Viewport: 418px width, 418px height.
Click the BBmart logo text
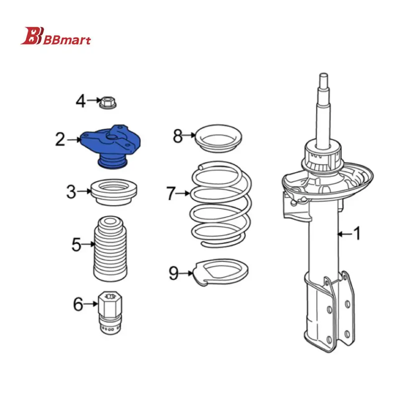(66, 40)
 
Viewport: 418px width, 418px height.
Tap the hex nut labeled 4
(108, 102)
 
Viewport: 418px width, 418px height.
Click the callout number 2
(60, 140)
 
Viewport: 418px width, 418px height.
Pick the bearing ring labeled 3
(114, 192)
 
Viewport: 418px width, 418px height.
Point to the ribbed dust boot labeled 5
(110, 248)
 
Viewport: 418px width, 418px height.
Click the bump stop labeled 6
(110, 313)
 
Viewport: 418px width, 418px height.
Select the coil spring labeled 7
(221, 204)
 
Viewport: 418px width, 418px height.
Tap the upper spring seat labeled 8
(219, 138)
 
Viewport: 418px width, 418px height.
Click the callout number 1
(357, 233)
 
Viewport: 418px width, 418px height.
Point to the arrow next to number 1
(345, 234)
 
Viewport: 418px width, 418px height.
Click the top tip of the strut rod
(324, 74)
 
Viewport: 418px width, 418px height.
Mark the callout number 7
(171, 193)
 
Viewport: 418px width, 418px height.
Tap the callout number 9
(173, 273)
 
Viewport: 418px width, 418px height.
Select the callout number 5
(76, 245)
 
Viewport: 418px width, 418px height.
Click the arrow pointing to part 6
(91, 303)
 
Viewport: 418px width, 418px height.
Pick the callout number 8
(178, 136)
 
